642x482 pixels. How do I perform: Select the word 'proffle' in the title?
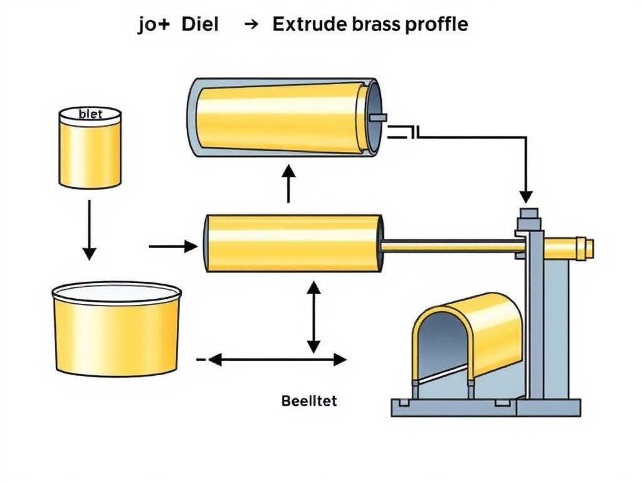tap(437, 26)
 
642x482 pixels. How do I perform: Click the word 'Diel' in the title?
tap(201, 25)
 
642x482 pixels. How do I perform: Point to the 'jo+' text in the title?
tap(154, 26)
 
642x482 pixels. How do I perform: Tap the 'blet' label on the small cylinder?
tap(90, 114)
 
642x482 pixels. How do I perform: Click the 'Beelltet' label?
tap(309, 400)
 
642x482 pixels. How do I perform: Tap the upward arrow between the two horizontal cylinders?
tap(288, 183)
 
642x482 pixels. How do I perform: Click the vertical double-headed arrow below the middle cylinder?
tap(313, 317)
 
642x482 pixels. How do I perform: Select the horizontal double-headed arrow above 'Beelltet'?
tap(277, 360)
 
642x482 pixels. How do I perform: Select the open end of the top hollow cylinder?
tap(372, 117)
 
